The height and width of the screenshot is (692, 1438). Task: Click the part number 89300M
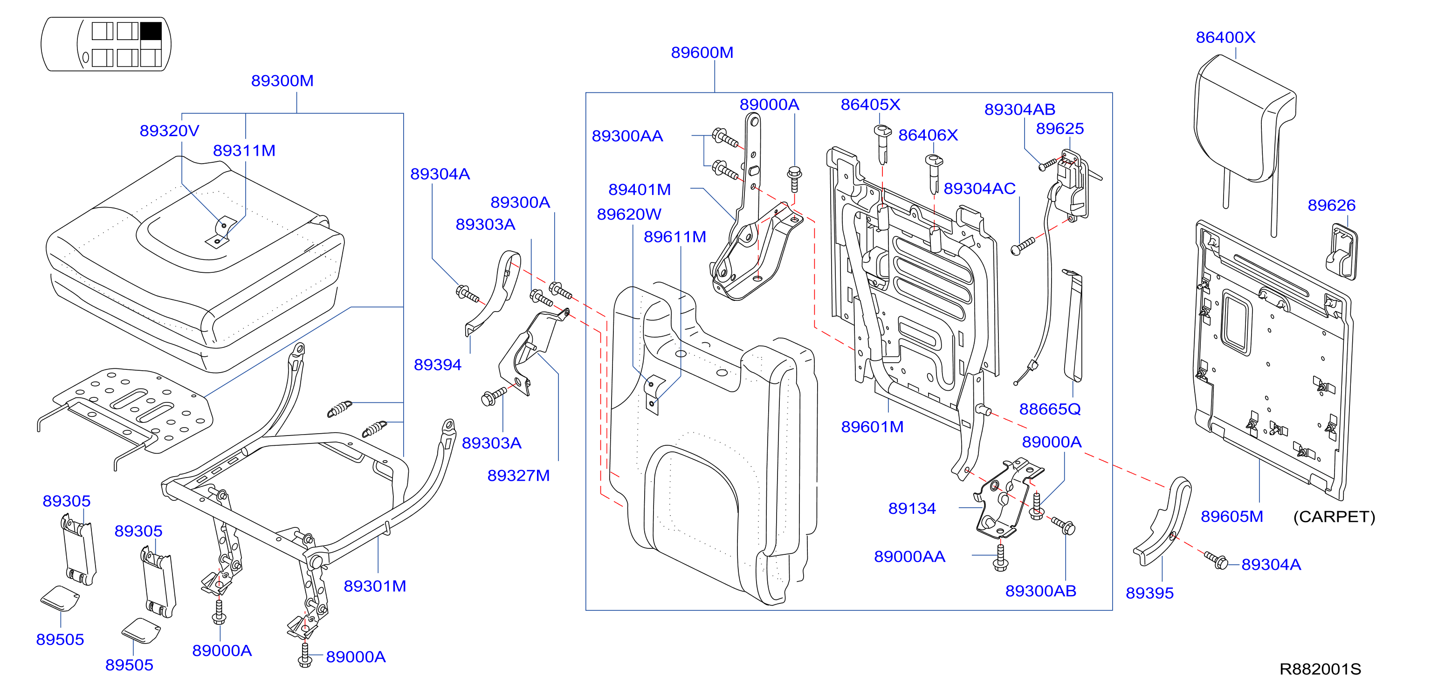pos(282,81)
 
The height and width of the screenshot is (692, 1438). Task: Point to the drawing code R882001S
pos(1320,669)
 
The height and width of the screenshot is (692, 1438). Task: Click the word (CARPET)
pos(1334,517)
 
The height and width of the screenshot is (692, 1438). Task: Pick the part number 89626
pos(1331,206)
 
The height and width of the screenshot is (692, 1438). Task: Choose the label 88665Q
pos(1049,409)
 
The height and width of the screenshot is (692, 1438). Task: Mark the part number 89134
pos(912,508)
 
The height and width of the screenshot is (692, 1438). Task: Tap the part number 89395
pos(1149,593)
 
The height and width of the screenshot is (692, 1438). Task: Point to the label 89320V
pos(169,131)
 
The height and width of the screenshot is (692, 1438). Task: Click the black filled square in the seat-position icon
pos(151,30)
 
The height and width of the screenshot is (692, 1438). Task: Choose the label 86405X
pos(870,104)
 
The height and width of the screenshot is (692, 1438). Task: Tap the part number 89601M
pos(872,427)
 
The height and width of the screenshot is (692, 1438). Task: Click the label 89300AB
pos(1040,591)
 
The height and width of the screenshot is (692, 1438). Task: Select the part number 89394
pos(437,365)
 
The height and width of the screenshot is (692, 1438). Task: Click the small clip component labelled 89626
pos(1342,251)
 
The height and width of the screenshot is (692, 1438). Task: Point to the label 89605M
pos(1232,517)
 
